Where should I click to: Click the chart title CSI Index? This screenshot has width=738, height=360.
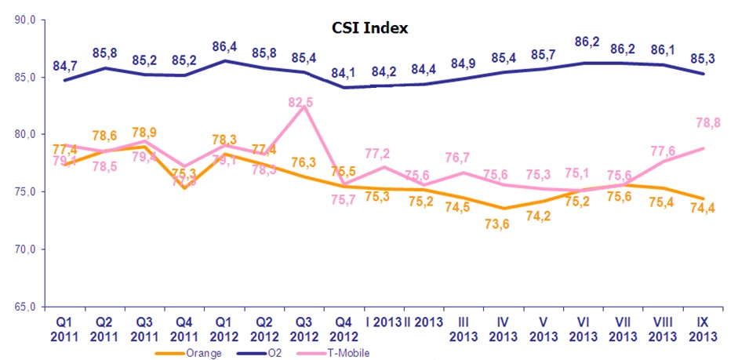pyautogui.click(x=369, y=27)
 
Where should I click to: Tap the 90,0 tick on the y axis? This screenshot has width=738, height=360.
pyautogui.click(x=27, y=20)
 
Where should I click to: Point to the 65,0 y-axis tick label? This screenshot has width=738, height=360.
pyautogui.click(x=27, y=306)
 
